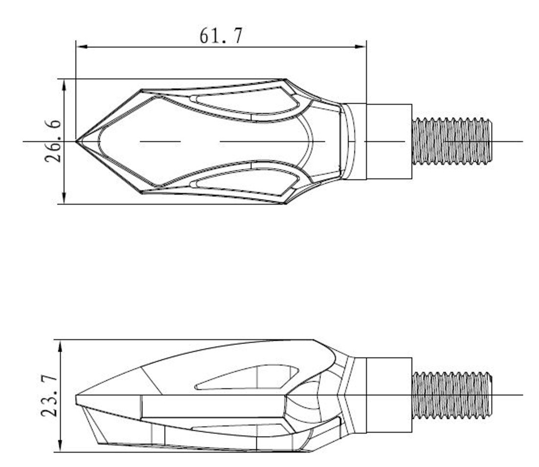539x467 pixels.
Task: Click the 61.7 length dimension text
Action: (221, 35)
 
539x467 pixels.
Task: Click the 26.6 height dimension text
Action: (53, 141)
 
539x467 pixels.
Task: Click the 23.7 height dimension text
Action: (49, 396)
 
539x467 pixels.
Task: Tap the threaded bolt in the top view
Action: (452, 141)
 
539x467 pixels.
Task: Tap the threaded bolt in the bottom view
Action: (452, 395)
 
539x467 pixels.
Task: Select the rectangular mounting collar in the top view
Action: (389, 141)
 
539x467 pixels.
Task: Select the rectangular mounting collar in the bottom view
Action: (389, 395)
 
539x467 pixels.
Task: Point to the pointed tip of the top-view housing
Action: (76, 141)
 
